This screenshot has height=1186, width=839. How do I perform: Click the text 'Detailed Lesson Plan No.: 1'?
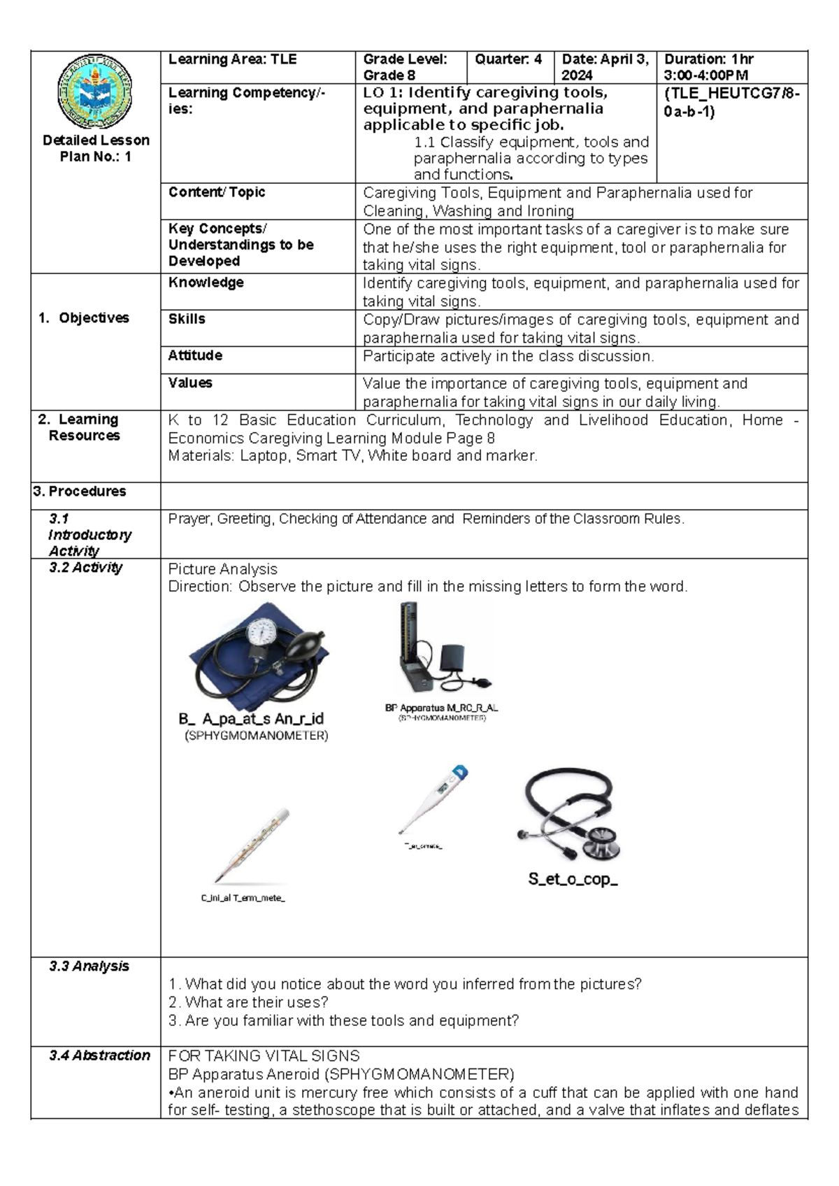[96, 148]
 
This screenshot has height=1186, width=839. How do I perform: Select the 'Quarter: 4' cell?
[508, 60]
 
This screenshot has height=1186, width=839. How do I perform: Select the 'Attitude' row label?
[195, 355]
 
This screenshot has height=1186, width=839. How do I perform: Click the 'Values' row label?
[190, 383]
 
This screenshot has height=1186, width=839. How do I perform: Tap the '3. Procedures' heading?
[80, 492]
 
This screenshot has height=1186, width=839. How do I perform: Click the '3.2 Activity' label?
[86, 568]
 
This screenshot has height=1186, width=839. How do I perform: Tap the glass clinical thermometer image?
[252, 847]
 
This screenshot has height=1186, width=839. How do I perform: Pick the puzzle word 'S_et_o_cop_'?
[573, 880]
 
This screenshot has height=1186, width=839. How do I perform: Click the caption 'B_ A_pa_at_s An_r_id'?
[250, 719]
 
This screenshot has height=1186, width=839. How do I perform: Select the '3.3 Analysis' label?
[89, 966]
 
